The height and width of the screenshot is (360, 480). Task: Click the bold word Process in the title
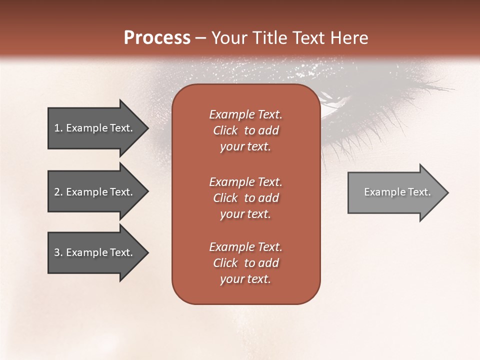(x=157, y=38)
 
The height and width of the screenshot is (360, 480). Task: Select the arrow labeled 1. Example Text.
(x=95, y=128)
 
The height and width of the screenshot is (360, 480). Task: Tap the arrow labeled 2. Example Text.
(x=95, y=192)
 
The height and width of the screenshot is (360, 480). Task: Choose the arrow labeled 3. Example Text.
(x=95, y=252)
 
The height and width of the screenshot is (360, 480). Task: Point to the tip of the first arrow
(x=147, y=128)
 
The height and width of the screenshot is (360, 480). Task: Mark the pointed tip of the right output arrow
(x=447, y=192)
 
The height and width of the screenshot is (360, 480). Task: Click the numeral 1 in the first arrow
(x=57, y=128)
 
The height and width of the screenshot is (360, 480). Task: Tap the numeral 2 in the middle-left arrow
(x=57, y=192)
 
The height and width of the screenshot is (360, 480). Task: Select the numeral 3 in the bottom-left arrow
(x=57, y=252)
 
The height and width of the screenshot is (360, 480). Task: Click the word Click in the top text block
(x=225, y=130)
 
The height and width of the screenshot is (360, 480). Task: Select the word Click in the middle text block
(x=225, y=198)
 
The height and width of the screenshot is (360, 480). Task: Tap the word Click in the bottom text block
(x=225, y=263)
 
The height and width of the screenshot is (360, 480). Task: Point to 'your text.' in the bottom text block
(x=245, y=279)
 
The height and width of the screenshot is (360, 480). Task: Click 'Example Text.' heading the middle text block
(x=245, y=182)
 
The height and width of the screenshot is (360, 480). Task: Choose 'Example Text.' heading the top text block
(x=245, y=114)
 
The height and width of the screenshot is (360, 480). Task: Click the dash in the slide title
(x=201, y=38)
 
